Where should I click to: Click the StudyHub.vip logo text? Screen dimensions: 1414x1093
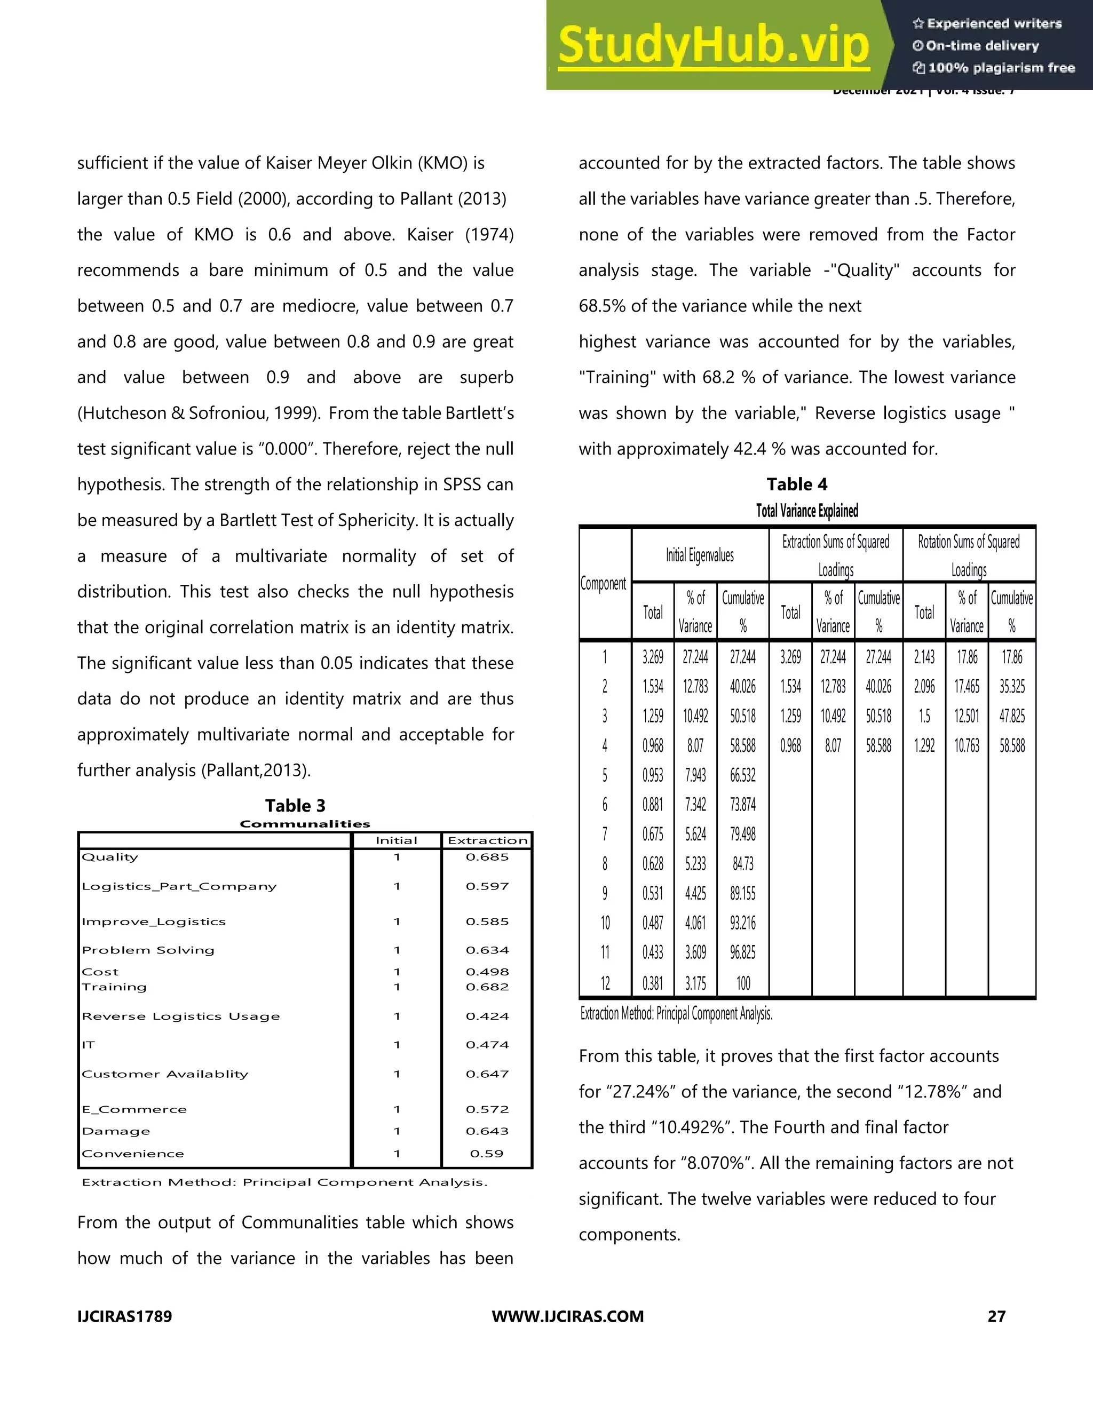click(x=713, y=45)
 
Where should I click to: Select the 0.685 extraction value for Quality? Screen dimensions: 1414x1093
click(x=487, y=856)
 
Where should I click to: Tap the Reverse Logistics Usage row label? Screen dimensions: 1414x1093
click(x=181, y=1016)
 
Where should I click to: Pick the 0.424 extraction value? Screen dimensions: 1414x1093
click(x=487, y=1016)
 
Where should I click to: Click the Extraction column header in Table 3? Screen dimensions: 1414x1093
click(x=488, y=840)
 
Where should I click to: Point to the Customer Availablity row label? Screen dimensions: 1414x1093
click(x=165, y=1074)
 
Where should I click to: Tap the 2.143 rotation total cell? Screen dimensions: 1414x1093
click(x=924, y=657)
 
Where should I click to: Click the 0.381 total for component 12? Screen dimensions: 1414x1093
click(x=652, y=983)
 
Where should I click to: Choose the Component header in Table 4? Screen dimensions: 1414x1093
click(x=604, y=583)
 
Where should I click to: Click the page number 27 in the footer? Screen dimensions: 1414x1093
click(x=996, y=1316)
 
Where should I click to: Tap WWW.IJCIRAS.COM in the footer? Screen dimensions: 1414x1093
click(x=568, y=1316)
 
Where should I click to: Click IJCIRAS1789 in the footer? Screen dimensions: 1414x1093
click(x=124, y=1316)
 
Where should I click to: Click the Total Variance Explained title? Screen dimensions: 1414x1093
click(x=807, y=511)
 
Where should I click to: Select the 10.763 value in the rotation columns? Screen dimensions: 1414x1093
click(x=966, y=746)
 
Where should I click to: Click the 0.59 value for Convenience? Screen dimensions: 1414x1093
click(x=486, y=1153)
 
